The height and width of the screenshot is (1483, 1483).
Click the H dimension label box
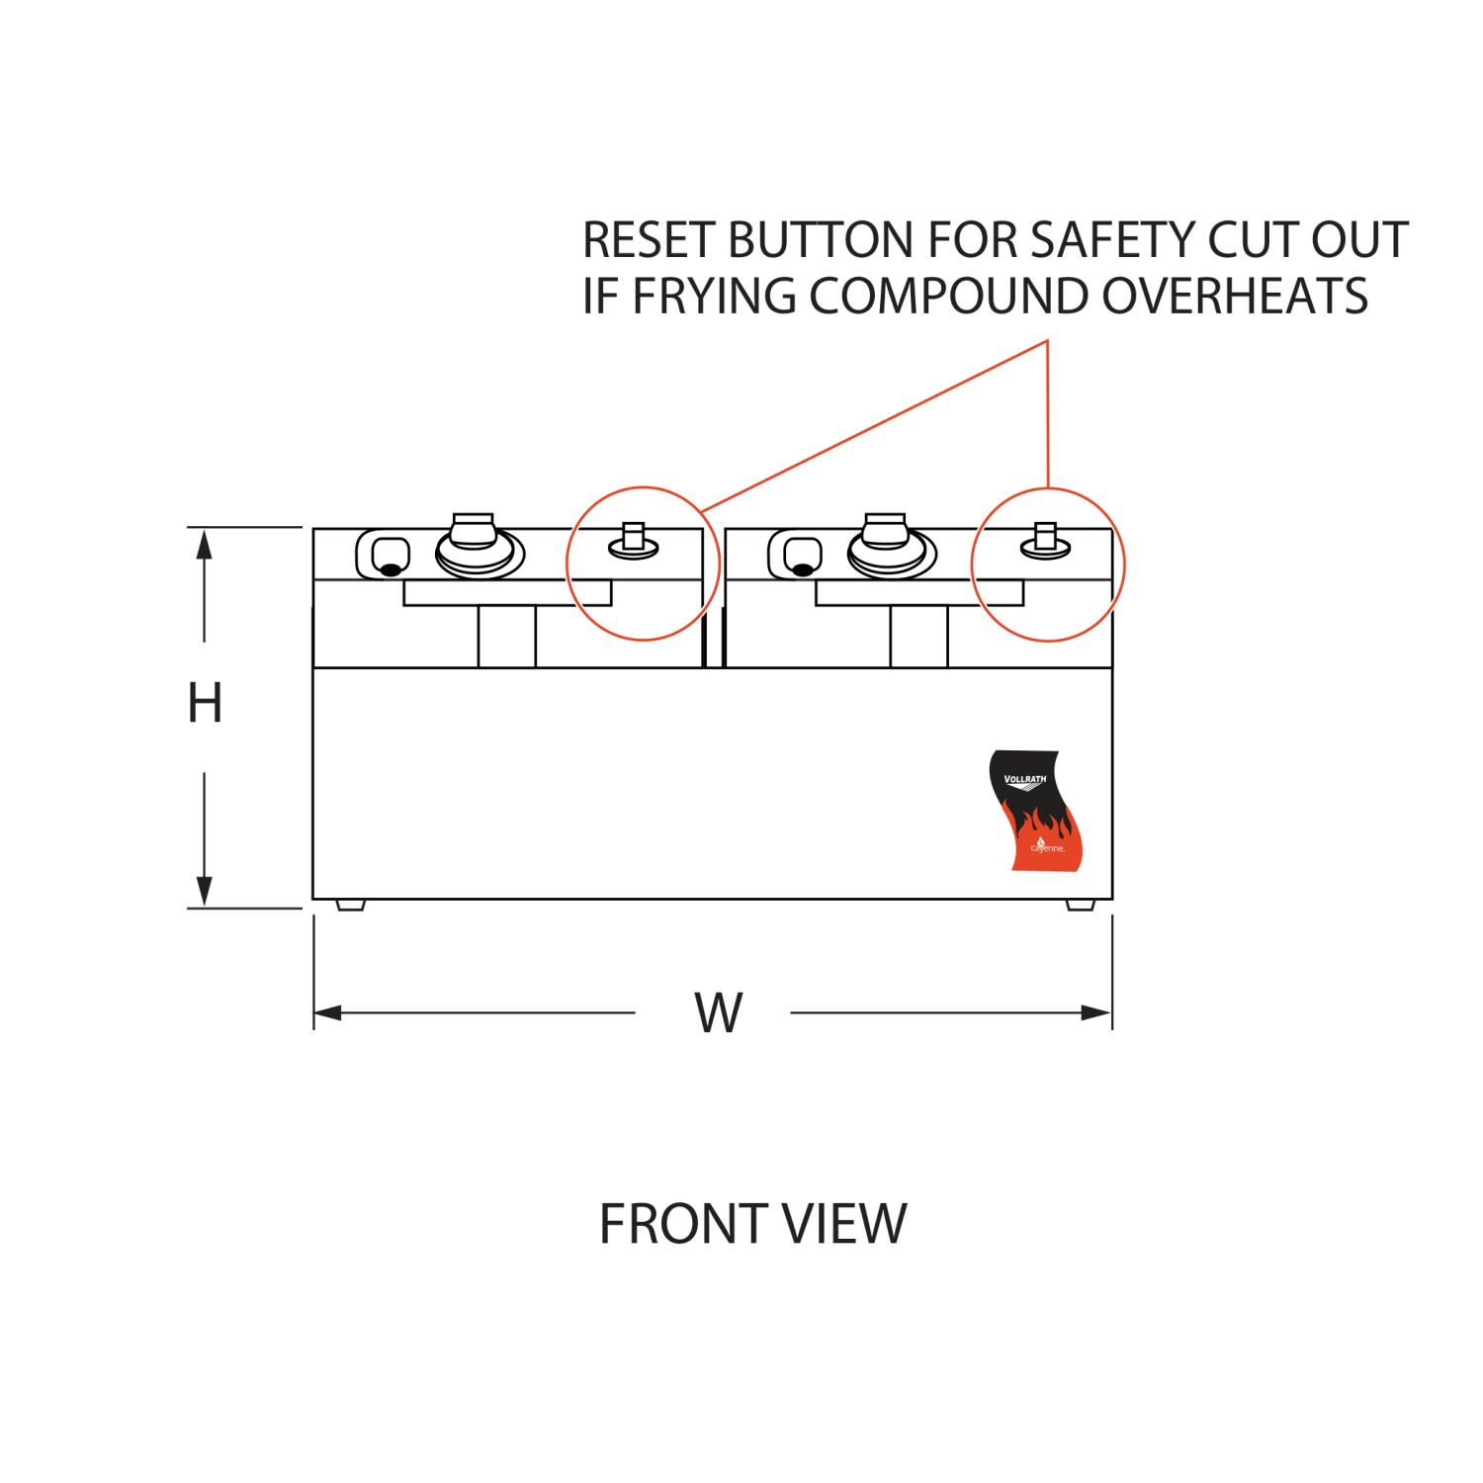(215, 706)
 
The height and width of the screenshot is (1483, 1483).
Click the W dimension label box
(713, 995)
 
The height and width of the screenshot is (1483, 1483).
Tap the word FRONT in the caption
(669, 1224)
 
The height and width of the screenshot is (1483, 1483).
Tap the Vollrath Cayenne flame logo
(1034, 811)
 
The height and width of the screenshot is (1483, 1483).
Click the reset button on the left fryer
(634, 541)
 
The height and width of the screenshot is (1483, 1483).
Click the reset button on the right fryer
(1045, 541)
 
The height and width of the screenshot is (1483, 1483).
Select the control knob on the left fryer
(476, 542)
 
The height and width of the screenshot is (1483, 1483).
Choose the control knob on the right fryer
(888, 542)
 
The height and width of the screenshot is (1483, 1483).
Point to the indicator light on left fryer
(390, 568)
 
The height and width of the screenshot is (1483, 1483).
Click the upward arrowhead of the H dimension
(204, 544)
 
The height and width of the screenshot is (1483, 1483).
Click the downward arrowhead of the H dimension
(204, 892)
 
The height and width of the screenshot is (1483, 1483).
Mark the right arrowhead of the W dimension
(1097, 1013)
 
